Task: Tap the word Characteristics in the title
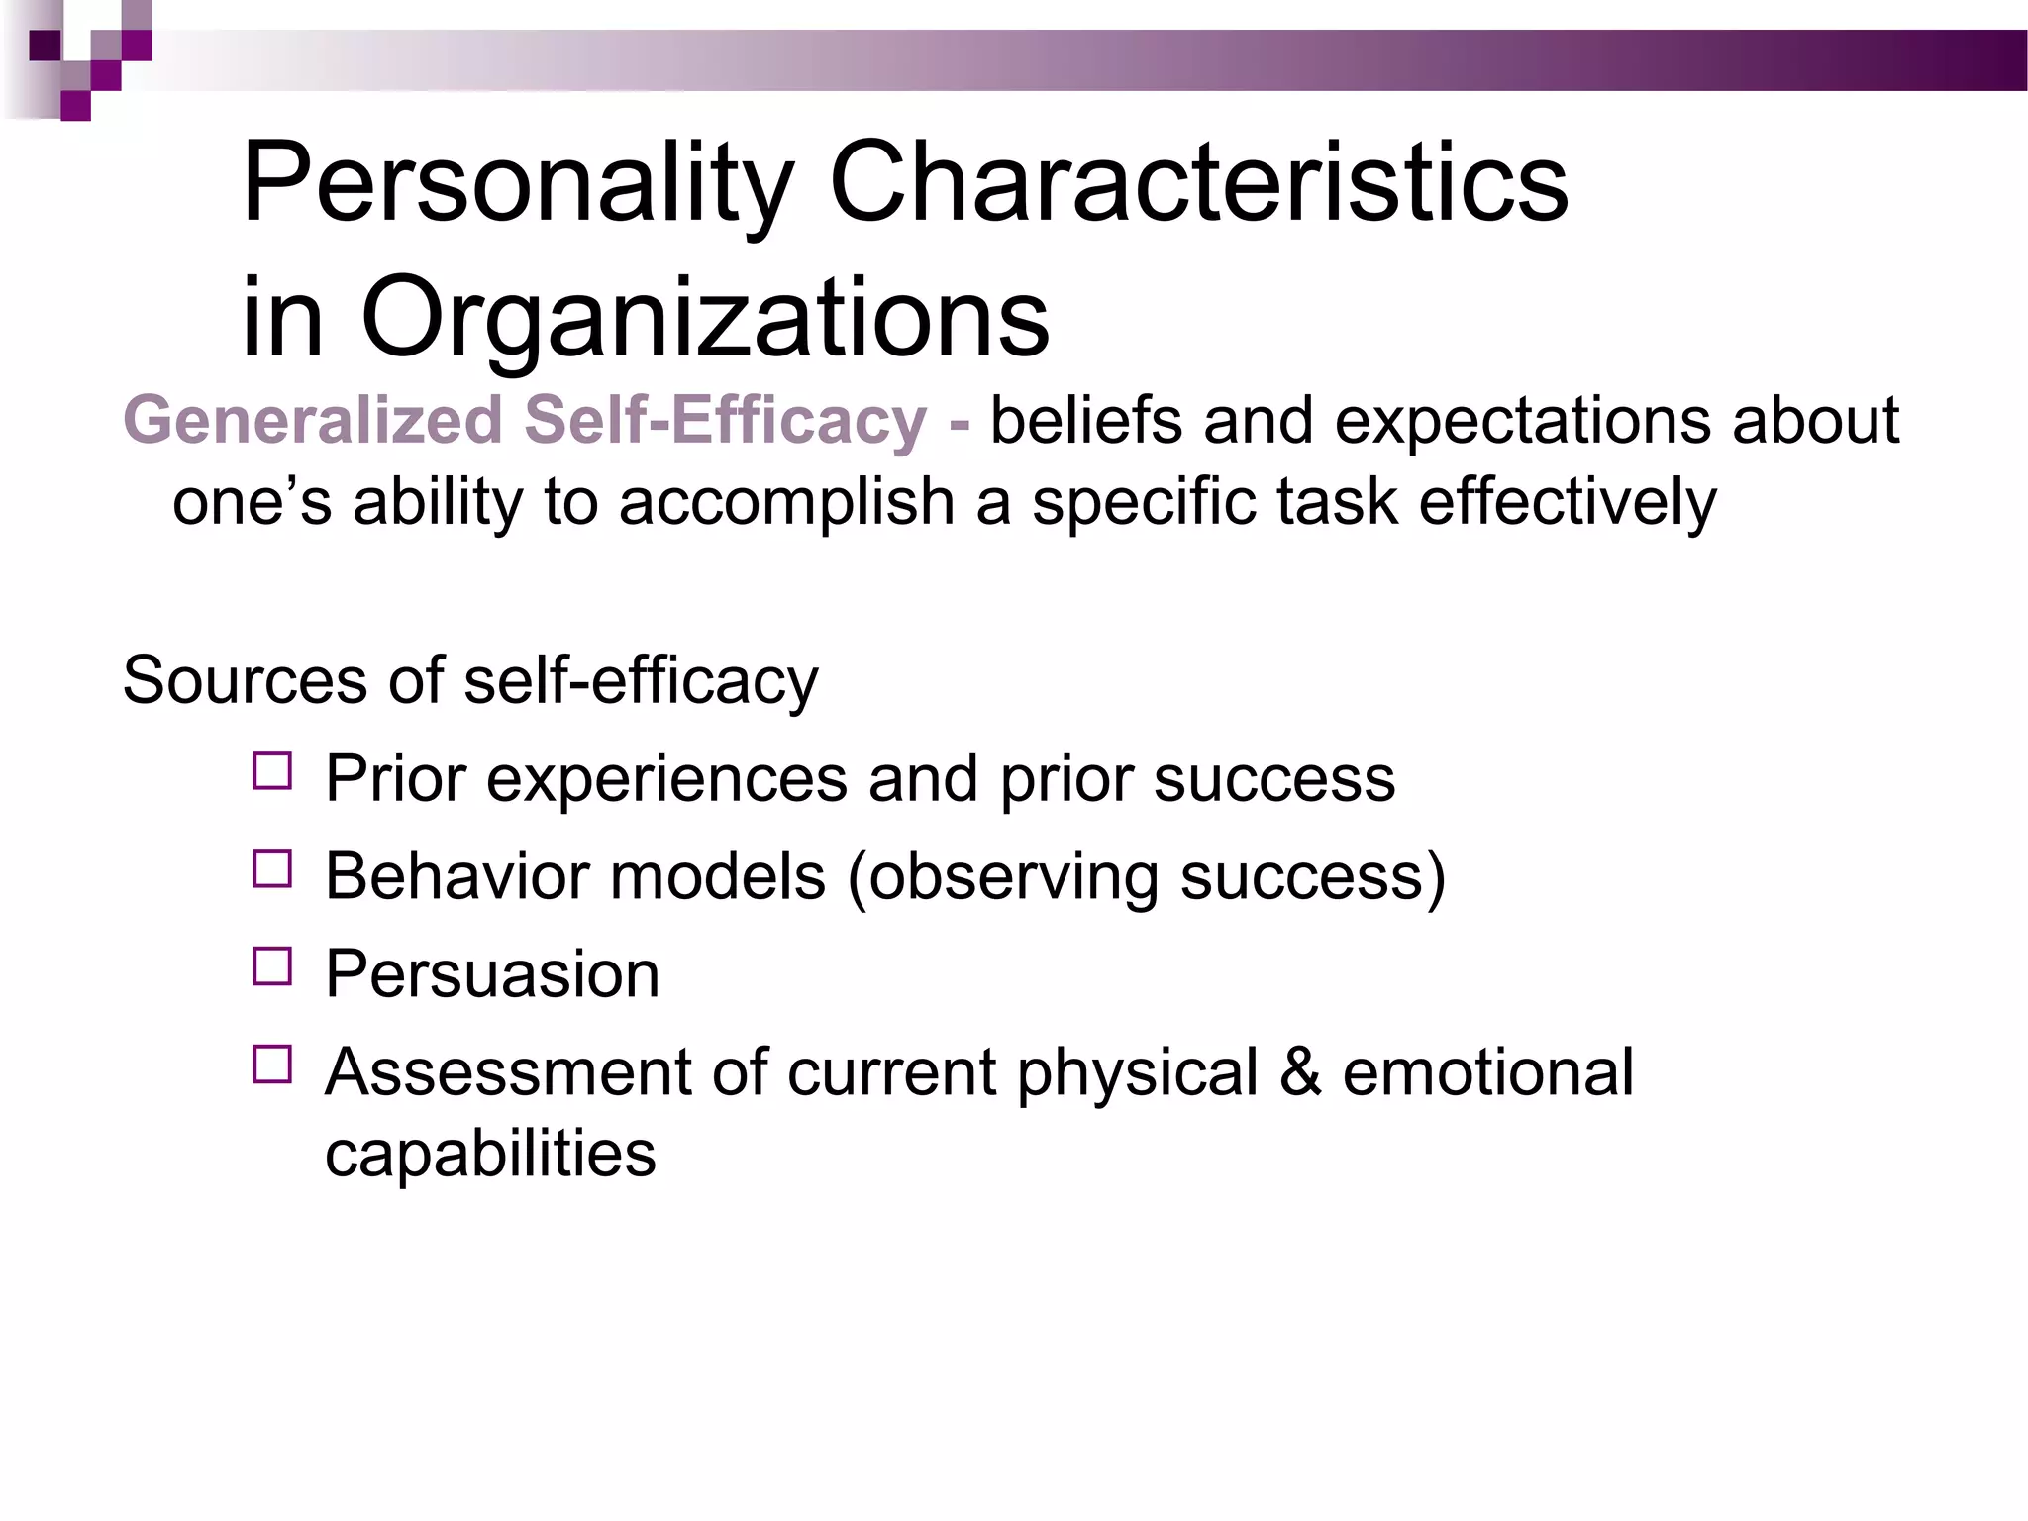[1198, 183]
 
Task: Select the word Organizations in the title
[704, 319]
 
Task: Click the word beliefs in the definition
[1085, 420]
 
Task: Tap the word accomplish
[786, 503]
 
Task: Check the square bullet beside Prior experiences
[272, 771]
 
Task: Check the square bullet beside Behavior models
[272, 868]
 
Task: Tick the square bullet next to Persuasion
[272, 966]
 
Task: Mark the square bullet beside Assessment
[272, 1065]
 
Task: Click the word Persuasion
[492, 974]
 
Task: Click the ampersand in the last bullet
[1300, 1072]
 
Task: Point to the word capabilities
[490, 1155]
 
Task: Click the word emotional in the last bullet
[1487, 1072]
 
